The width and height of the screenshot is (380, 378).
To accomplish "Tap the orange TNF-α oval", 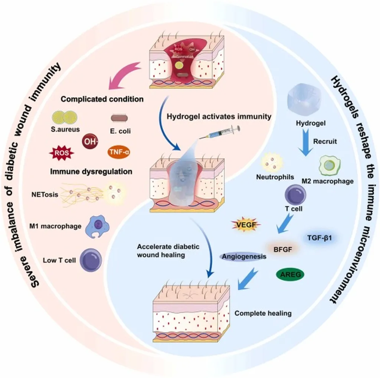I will pyautogui.click(x=118, y=152).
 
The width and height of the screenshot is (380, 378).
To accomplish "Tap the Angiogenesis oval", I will pyautogui.click(x=245, y=256).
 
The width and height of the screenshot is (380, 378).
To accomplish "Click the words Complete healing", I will pyautogui.click(x=263, y=314).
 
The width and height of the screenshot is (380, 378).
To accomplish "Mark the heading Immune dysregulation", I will pyautogui.click(x=91, y=172).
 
